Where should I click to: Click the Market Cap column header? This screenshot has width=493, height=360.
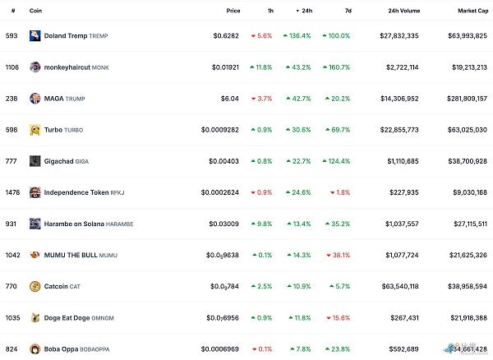pyautogui.click(x=472, y=11)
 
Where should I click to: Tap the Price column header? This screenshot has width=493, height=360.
pyautogui.click(x=233, y=11)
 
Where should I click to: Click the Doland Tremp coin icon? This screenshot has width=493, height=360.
pyautogui.click(x=35, y=36)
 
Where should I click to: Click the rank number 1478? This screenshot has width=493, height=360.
pyautogui.click(x=11, y=192)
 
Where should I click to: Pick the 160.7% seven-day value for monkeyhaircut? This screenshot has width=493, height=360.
pyautogui.click(x=337, y=67)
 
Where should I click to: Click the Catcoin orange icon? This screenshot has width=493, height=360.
pyautogui.click(x=35, y=286)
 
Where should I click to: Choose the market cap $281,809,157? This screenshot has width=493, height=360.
pyautogui.click(x=464, y=99)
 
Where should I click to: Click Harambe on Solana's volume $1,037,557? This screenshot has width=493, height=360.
pyautogui.click(x=423, y=224)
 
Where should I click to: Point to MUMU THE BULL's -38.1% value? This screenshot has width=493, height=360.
pyautogui.click(x=337, y=255)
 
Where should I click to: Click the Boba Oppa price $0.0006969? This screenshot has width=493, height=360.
pyautogui.click(x=221, y=348)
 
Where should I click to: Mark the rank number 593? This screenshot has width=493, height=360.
pyautogui.click(x=11, y=36)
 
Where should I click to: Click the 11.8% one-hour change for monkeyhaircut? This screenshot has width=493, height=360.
pyautogui.click(x=262, y=67)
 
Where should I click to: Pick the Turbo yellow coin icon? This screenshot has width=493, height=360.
pyautogui.click(x=35, y=130)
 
